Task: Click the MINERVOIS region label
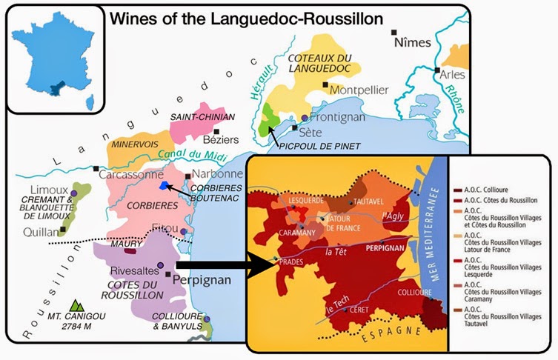coord(134,147)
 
